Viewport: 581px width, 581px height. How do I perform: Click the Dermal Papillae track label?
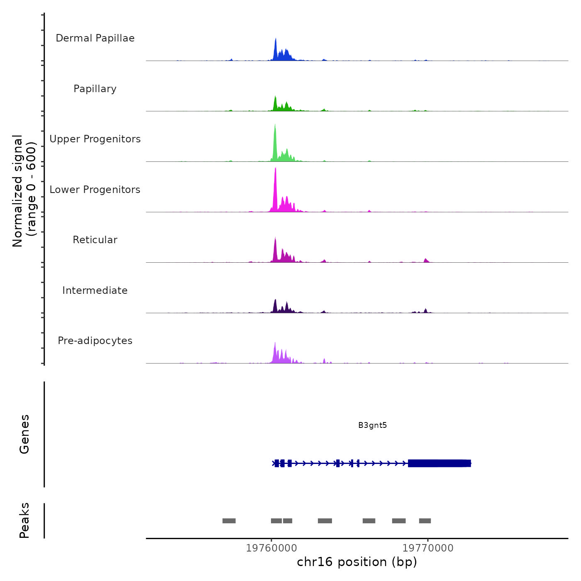[95, 38]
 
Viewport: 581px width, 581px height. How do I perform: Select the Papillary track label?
[95, 89]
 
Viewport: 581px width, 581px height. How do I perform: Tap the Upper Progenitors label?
[95, 139]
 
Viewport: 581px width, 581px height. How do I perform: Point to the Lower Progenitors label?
[95, 190]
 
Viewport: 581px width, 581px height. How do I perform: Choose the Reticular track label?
[95, 240]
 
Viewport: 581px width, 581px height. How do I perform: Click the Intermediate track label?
[95, 290]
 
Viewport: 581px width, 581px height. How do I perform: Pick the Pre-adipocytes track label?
[95, 341]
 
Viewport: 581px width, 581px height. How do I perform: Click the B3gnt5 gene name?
[372, 425]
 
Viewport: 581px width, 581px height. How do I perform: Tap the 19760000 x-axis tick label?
[271, 548]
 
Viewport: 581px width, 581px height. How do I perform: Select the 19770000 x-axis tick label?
[428, 548]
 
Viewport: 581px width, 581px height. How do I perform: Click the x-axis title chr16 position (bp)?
[357, 562]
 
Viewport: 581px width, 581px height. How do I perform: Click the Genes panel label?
[24, 434]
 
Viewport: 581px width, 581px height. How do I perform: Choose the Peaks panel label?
[24, 520]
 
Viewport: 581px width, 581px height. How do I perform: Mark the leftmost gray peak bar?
[229, 521]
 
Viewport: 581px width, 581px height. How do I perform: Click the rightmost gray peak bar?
[425, 521]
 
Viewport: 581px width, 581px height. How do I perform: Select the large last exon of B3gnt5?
[439, 463]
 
